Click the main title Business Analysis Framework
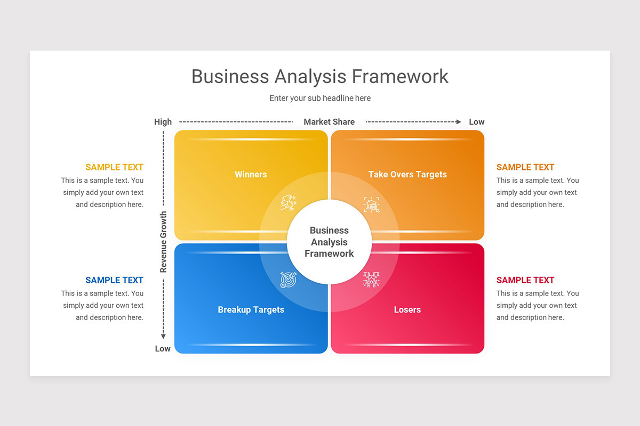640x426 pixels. click(x=320, y=77)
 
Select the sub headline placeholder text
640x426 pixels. click(x=320, y=98)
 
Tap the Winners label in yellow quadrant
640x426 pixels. click(x=251, y=174)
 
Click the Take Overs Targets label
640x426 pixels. click(x=407, y=174)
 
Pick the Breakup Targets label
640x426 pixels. click(x=251, y=309)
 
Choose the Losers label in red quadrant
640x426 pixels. click(x=407, y=309)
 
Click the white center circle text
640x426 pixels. click(x=329, y=242)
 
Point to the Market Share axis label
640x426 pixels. click(x=329, y=122)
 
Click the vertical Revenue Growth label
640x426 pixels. click(x=164, y=242)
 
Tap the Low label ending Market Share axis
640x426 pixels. click(x=476, y=122)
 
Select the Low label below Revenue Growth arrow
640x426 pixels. click(x=163, y=349)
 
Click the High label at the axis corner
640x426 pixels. click(x=163, y=122)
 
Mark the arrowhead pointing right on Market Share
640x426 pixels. click(x=458, y=122)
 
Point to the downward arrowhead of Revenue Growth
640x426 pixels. click(x=164, y=336)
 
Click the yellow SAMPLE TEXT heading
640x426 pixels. click(x=114, y=167)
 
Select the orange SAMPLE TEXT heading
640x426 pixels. click(x=525, y=167)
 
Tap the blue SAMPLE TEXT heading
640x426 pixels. click(x=114, y=280)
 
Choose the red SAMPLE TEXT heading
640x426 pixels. click(x=525, y=280)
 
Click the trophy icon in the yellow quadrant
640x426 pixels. click(x=289, y=203)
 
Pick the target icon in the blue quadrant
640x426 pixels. click(x=289, y=280)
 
